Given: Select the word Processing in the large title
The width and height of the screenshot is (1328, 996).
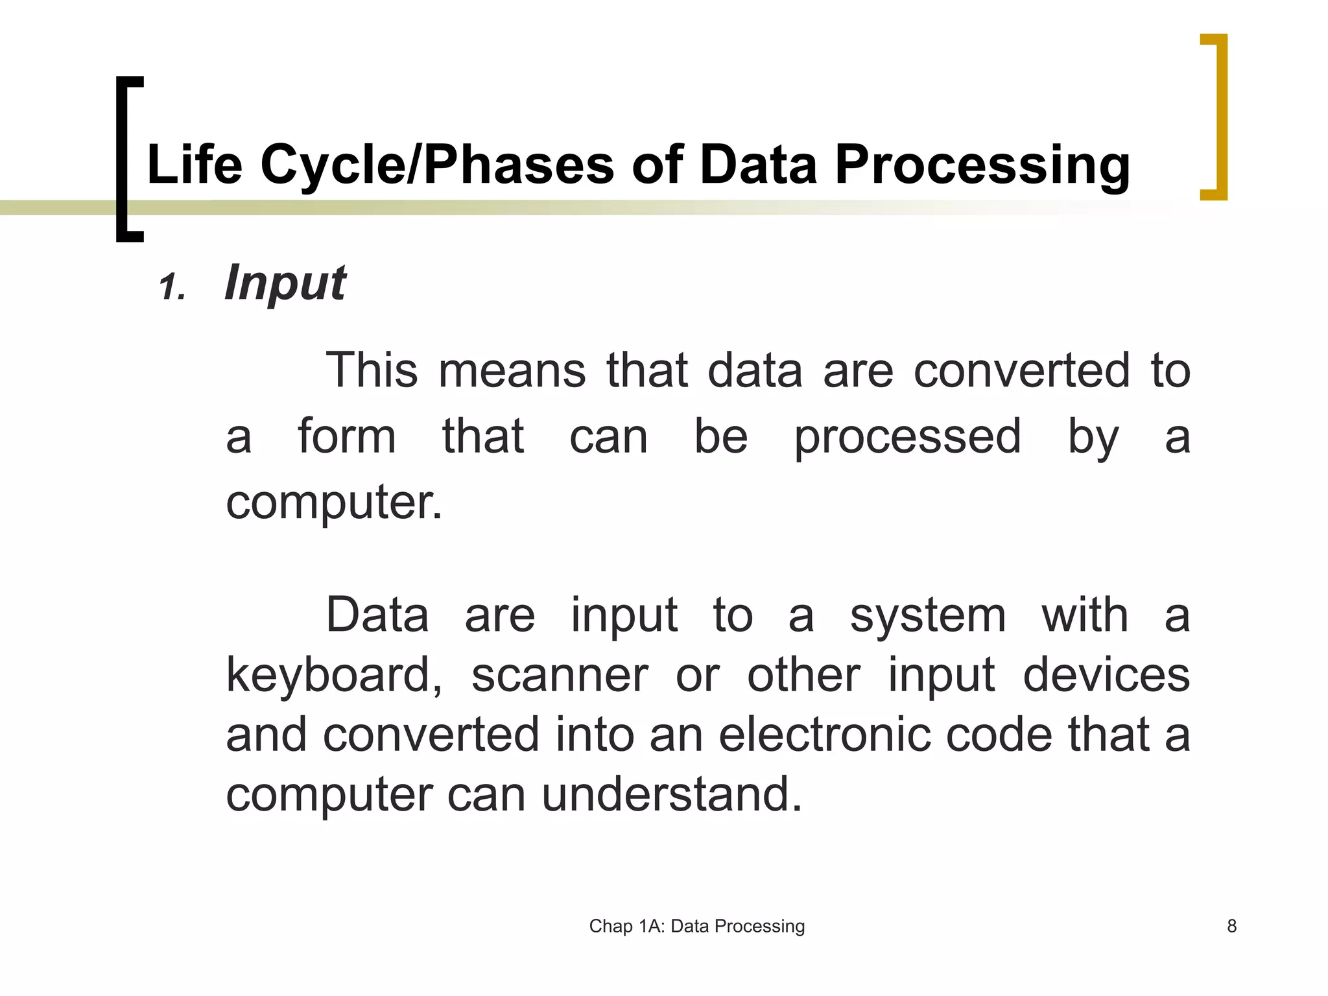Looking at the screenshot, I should [x=982, y=166].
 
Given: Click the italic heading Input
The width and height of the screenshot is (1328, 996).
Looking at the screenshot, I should [x=285, y=283].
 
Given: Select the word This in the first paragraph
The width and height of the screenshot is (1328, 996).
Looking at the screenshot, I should [x=372, y=370].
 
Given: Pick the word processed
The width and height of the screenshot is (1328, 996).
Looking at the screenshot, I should [x=908, y=438].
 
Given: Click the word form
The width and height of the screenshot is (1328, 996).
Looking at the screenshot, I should [x=347, y=436].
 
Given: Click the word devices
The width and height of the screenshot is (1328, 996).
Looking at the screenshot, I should [x=1106, y=675].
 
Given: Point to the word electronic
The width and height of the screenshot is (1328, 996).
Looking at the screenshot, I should [x=825, y=735].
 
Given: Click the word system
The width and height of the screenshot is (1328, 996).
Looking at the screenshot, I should [x=928, y=615].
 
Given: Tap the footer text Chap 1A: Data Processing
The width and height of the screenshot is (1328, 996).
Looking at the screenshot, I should [x=697, y=926].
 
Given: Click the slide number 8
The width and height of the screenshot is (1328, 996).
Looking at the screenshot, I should [x=1232, y=926].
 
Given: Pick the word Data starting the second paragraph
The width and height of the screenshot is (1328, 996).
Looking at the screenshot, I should [x=377, y=615].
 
